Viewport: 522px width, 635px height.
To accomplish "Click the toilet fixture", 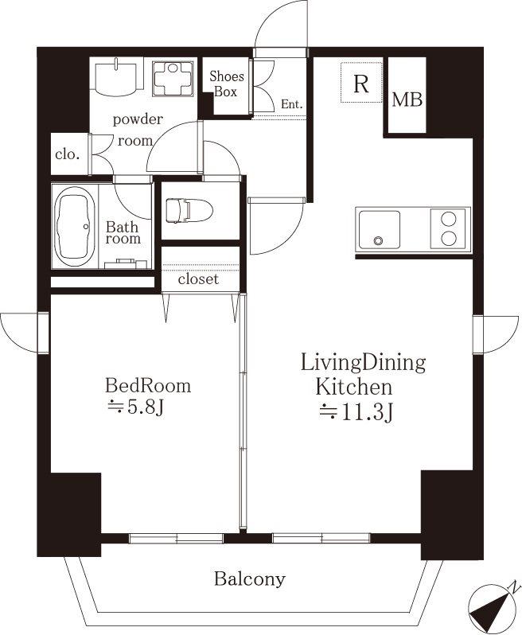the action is (189, 211).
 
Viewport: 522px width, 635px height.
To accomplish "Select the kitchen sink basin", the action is (379, 229).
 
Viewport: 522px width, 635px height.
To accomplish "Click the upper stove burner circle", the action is (449, 219).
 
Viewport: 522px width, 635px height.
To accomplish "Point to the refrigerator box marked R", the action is (361, 83).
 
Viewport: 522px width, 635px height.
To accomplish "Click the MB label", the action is (407, 99).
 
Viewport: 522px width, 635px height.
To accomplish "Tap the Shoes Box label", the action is (226, 84).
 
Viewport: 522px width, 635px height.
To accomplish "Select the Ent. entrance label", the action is (291, 104).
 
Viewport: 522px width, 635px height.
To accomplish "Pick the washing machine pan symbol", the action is (173, 79).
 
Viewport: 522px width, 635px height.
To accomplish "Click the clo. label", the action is (67, 154).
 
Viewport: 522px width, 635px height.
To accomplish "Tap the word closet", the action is (198, 279).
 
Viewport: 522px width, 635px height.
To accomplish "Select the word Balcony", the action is (249, 579).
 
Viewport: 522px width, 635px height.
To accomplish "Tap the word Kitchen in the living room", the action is (354, 387).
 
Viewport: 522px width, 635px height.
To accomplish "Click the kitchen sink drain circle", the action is (378, 241).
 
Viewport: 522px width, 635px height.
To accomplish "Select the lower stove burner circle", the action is (449, 239).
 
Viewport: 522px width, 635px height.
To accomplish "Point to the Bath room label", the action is (123, 232).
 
